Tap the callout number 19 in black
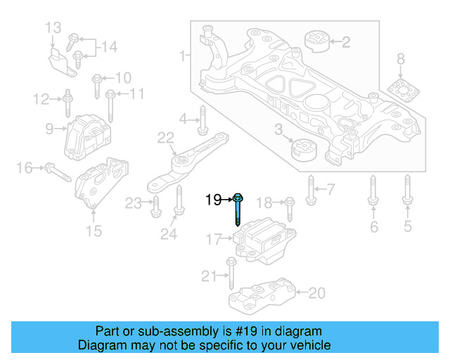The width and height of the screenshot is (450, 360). point(214,200)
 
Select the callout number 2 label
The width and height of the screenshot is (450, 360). point(345,42)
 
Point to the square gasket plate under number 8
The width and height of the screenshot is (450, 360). point(401,91)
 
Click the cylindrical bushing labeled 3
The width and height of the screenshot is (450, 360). point(304,150)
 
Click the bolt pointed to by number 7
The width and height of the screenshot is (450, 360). point(310,188)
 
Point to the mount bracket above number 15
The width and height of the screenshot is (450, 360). point(101,184)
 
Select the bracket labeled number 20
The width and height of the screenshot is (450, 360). point(264,296)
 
